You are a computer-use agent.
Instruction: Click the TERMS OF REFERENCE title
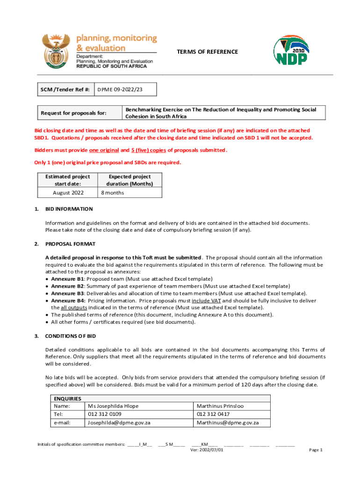(x=207, y=52)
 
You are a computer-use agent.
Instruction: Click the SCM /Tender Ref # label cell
(x=66, y=89)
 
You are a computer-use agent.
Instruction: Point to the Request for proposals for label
(x=74, y=113)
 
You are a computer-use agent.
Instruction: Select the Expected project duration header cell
(x=130, y=180)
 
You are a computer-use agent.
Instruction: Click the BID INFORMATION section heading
(x=69, y=209)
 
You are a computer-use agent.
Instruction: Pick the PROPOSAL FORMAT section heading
(x=70, y=244)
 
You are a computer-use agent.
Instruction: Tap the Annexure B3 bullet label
(x=68, y=293)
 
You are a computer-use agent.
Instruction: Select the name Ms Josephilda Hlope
(x=113, y=406)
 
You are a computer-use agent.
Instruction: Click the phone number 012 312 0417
(x=213, y=414)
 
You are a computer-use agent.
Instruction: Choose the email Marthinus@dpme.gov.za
(x=227, y=422)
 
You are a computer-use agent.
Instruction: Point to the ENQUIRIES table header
(x=68, y=399)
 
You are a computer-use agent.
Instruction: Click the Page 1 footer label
(x=316, y=450)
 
